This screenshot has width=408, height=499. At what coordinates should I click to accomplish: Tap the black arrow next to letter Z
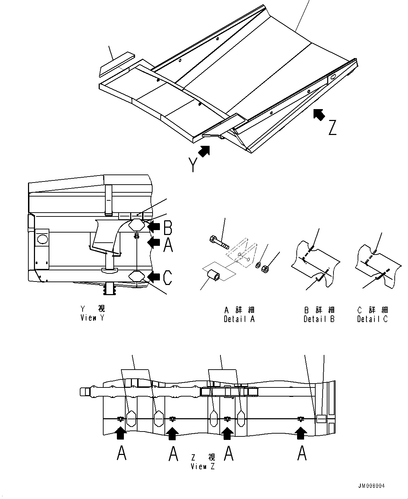tap(318, 114)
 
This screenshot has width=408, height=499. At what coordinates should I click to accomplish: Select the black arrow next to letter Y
tap(204, 151)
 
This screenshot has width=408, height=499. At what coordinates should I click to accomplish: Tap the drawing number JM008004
tap(371, 486)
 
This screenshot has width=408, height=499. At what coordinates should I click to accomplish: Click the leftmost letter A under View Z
tap(121, 454)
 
